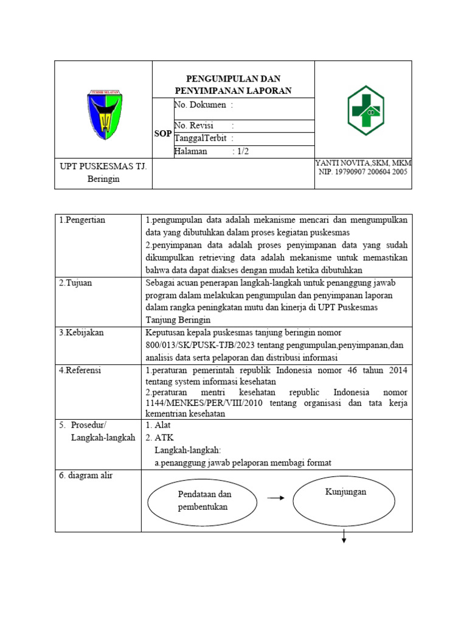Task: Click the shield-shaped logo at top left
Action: (x=103, y=114)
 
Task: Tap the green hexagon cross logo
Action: (x=365, y=110)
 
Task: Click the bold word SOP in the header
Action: (x=162, y=133)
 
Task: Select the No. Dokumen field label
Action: (x=200, y=105)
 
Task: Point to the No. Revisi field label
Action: (x=194, y=125)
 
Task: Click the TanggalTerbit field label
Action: (x=200, y=138)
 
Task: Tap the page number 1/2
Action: (x=241, y=151)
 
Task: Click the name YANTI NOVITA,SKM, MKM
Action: (x=364, y=162)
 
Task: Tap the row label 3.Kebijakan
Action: (x=81, y=333)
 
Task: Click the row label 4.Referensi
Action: (x=80, y=370)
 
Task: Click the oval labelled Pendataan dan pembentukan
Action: (x=204, y=501)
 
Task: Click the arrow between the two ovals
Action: (x=277, y=498)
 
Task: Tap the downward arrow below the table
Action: (x=344, y=536)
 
